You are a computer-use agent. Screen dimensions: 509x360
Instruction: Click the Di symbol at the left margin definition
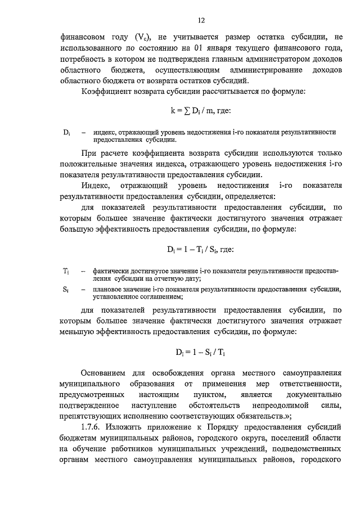66,132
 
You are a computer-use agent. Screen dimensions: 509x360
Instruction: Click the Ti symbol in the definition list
66,271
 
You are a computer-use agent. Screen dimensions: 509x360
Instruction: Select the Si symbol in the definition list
66,290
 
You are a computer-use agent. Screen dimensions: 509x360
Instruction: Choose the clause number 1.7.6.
92,427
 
